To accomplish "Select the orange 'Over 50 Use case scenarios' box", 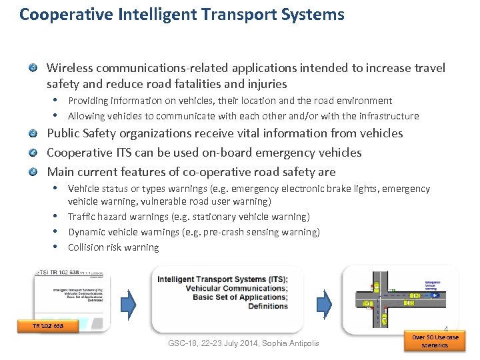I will [435, 341].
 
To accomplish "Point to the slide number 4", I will [445, 328].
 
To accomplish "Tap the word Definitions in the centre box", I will [267, 306].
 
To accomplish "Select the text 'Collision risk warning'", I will [113, 247].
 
